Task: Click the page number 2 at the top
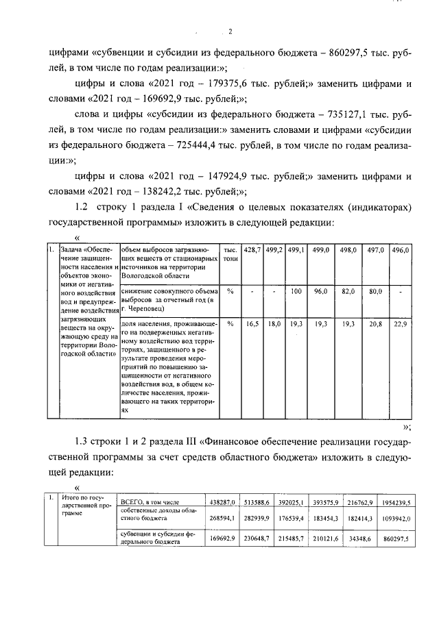230,32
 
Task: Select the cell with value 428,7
253,251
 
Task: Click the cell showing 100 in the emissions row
296,291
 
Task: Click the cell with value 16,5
253,323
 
